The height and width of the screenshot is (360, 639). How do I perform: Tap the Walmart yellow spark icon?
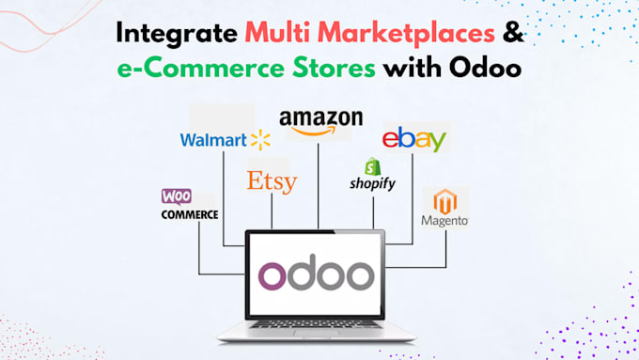[260, 141]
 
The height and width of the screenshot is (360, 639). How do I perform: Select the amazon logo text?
[319, 119]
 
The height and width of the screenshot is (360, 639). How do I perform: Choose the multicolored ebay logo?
[413, 141]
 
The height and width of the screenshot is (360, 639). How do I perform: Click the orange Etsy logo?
[271, 180]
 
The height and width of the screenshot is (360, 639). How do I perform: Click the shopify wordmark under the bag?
[371, 184]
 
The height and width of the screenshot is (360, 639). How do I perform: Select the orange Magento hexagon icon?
[445, 201]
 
